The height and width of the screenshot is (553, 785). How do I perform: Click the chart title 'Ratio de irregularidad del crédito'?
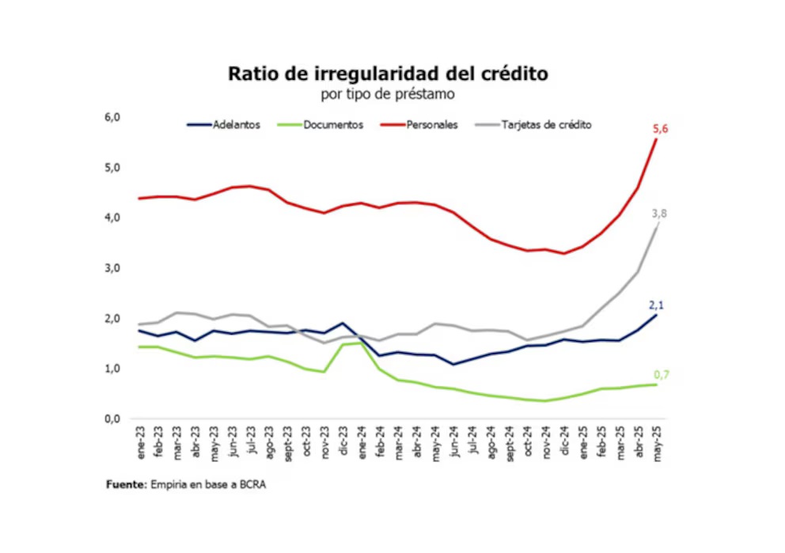tap(388, 74)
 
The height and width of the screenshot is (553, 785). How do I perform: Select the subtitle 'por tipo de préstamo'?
tap(388, 95)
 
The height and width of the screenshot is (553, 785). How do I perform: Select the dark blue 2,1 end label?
tap(656, 305)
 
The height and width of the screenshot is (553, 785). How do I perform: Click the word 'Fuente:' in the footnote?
tap(126, 485)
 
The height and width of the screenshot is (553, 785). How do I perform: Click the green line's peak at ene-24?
tap(362, 343)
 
